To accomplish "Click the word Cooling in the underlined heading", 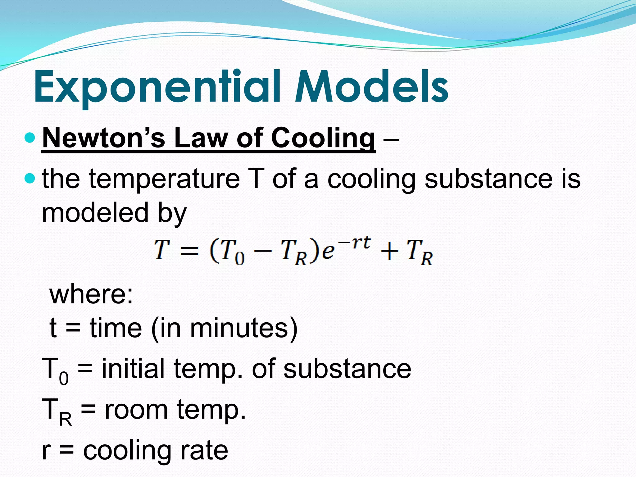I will click(323, 139).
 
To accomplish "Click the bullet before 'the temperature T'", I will click(30, 178).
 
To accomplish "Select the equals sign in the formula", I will click(189, 250).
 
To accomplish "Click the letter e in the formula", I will click(328, 251).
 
